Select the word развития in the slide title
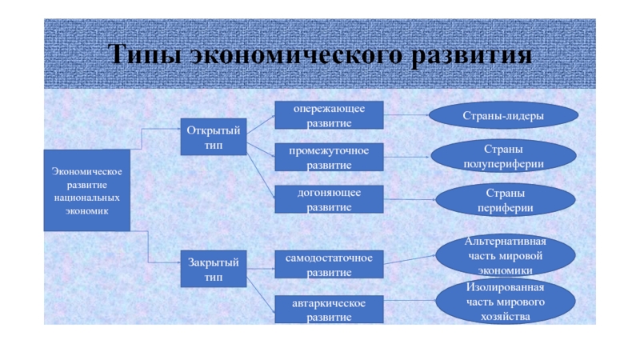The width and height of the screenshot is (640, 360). [472, 56]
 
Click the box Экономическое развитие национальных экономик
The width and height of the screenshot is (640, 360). [86, 190]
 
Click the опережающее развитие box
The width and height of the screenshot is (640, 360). [330, 115]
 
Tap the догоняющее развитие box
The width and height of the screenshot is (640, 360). [330, 199]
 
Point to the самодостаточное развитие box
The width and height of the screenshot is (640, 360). [330, 265]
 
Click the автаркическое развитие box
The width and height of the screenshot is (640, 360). [330, 310]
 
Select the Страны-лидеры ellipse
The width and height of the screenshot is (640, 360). [503, 116]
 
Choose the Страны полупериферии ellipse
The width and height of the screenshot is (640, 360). [503, 156]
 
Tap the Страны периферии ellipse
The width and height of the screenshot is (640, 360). [503, 200]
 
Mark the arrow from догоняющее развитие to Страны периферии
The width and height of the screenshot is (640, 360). [409, 200]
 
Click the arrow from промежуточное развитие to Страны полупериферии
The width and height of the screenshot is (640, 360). [407, 157]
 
